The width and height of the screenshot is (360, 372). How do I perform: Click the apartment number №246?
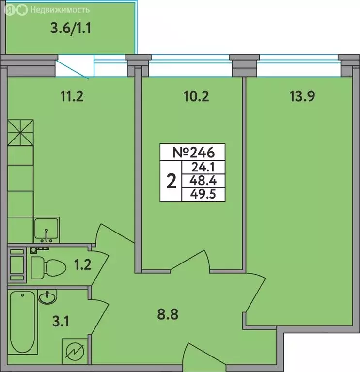click(193, 153)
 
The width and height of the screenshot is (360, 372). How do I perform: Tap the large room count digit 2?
click(171, 182)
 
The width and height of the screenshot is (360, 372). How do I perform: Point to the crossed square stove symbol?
click(20, 132)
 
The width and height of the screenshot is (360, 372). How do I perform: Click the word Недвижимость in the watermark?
click(59, 9)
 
